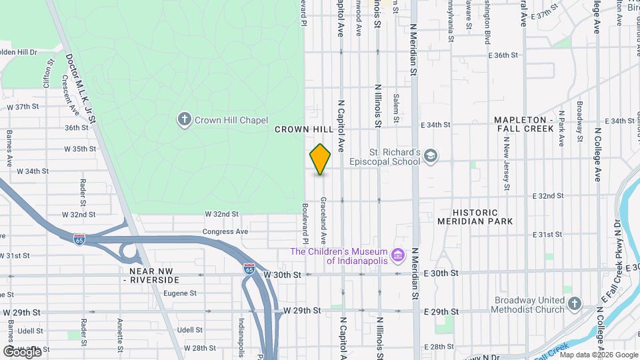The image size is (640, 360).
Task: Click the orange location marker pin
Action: [x=321, y=159]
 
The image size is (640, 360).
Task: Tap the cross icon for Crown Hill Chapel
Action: [x=184, y=120]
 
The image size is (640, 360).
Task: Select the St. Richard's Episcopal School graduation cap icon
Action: [x=431, y=156]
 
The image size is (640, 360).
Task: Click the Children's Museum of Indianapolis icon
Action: [x=398, y=255]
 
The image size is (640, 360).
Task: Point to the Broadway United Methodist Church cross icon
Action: [x=575, y=305]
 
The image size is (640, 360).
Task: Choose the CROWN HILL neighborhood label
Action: [x=303, y=130]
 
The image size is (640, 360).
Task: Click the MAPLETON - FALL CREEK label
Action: [x=524, y=124]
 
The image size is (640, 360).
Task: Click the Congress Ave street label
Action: [x=225, y=232]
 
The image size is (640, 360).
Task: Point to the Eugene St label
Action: [x=180, y=293]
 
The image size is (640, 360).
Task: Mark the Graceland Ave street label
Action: [x=323, y=221]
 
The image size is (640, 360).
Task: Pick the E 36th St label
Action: [x=503, y=56]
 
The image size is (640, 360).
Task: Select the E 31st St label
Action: [x=548, y=235]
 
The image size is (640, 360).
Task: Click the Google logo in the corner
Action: [x=22, y=352]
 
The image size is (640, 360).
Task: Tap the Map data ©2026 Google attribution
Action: [x=600, y=355]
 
